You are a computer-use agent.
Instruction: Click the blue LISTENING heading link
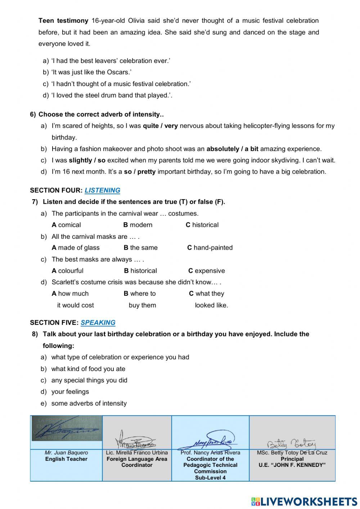pos(102,190)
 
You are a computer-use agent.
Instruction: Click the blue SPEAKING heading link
pos(98,322)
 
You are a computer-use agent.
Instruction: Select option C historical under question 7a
pos(202,225)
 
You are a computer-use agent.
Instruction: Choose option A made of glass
pos(75,247)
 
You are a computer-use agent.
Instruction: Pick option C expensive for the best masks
pos(206,271)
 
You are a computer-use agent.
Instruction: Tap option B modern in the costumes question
pos(138,225)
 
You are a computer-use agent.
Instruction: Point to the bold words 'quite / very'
pos(160,126)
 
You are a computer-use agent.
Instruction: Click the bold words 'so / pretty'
pos(140,171)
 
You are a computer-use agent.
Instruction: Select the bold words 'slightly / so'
pos(87,160)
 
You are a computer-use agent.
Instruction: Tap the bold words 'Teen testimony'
pos(63,21)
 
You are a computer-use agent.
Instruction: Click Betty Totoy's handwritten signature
pos(291,443)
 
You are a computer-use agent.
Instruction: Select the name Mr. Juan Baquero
pos(66,452)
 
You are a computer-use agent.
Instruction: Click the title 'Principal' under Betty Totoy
pos(292,459)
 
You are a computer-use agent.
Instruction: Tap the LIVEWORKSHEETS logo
pos(304,501)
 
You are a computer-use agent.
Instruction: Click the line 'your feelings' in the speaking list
pos(70,392)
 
